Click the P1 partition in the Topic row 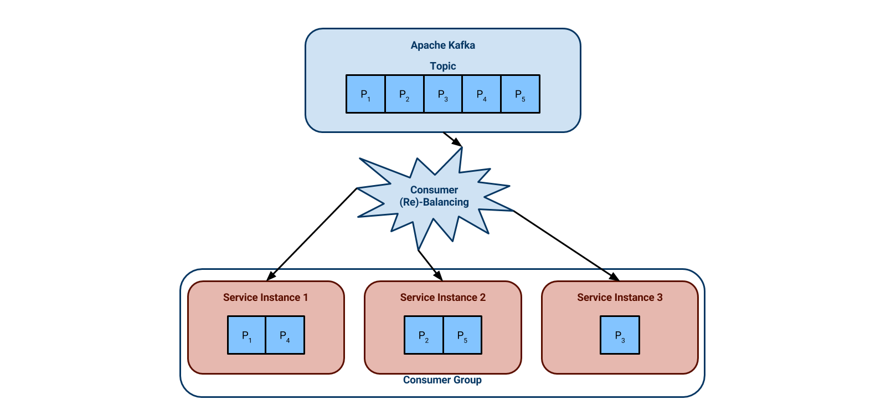365,94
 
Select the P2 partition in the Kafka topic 404,94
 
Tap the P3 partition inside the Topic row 443,94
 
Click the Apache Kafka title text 442,45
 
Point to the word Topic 442,66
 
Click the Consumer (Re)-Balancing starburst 434,196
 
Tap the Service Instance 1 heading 265,298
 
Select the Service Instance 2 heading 442,298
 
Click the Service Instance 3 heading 620,298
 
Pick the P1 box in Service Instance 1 246,335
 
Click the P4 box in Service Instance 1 285,335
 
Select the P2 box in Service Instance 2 424,335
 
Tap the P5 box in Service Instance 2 462,335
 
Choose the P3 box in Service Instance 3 620,335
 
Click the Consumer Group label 442,380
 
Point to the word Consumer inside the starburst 434,190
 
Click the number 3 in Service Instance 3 660,298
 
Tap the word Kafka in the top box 462,45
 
